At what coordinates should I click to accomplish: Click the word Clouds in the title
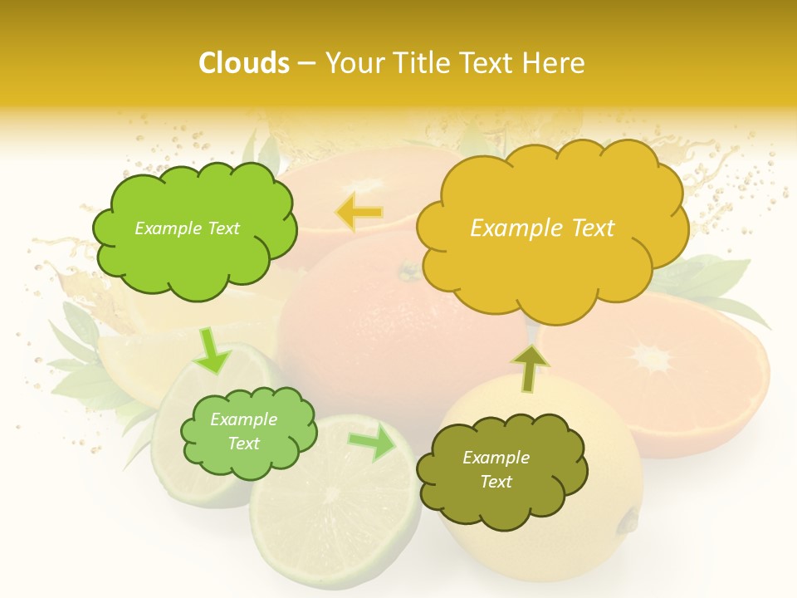pyautogui.click(x=244, y=63)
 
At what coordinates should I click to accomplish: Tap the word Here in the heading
pyautogui.click(x=554, y=63)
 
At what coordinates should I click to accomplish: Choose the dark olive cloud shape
pyautogui.click(x=500, y=470)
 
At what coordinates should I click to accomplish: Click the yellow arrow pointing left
pyautogui.click(x=359, y=213)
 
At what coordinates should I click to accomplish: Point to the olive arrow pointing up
pyautogui.click(x=529, y=368)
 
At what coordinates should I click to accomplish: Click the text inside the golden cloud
pyautogui.click(x=542, y=228)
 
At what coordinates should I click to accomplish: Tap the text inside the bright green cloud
pyautogui.click(x=187, y=228)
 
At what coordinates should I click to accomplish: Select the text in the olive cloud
pyautogui.click(x=496, y=469)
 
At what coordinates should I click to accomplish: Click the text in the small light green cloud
pyautogui.click(x=243, y=431)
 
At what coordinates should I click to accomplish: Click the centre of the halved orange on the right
pyautogui.click(x=653, y=358)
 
